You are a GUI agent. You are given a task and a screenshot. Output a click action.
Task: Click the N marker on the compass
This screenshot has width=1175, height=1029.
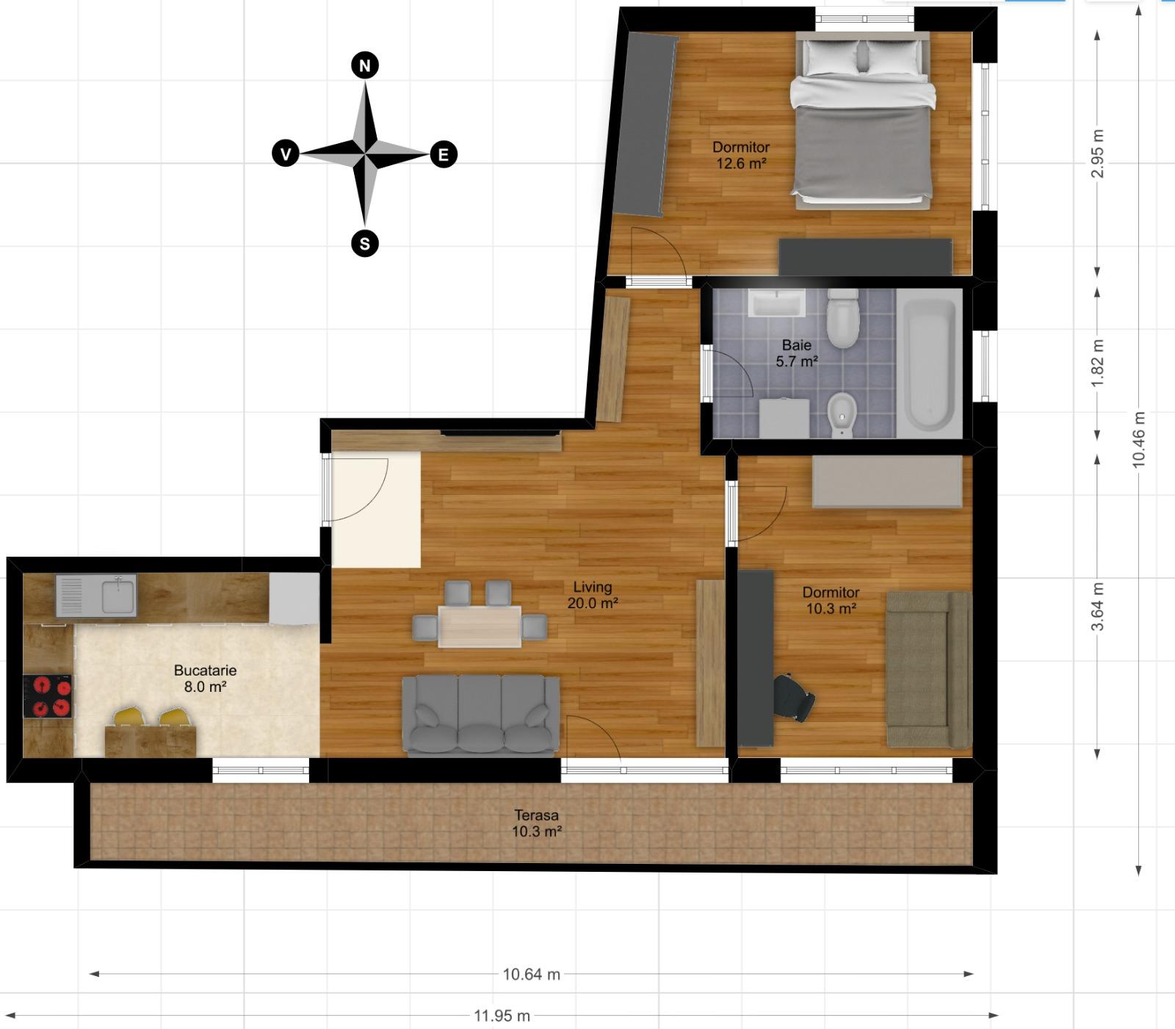[x=365, y=65]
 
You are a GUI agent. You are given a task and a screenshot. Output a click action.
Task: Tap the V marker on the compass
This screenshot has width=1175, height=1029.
[x=286, y=154]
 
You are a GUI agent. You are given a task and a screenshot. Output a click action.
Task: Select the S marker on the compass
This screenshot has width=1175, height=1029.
[x=365, y=242]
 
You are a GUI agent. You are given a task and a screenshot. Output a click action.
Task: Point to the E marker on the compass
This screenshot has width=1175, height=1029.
[x=443, y=155]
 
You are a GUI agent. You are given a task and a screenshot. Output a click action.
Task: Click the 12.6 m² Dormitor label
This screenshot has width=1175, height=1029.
[x=741, y=155]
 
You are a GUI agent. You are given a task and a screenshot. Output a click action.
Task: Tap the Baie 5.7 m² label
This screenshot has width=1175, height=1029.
[x=797, y=353]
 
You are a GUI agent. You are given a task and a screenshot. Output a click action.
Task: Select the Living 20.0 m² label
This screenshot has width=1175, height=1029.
[x=592, y=595]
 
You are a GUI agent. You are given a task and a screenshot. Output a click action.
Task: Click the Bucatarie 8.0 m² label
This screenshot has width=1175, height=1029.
[x=205, y=679]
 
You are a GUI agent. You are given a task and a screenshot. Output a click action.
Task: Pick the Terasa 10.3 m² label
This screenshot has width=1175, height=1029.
[x=536, y=823]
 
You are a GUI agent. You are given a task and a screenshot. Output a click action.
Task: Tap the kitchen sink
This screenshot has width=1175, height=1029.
[x=118, y=594]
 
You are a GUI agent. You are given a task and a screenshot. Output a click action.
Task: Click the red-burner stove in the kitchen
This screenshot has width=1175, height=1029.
[x=48, y=696]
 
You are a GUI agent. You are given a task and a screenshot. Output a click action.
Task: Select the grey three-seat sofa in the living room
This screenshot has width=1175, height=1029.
[x=481, y=716]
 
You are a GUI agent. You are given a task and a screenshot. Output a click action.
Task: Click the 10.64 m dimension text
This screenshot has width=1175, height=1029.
[x=531, y=974]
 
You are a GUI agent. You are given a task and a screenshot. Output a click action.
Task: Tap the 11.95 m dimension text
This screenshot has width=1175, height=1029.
[x=502, y=1016]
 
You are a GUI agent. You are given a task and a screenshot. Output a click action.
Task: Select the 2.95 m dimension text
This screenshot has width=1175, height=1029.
[x=1097, y=154]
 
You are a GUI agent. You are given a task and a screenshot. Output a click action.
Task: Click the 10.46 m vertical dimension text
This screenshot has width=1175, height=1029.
[x=1138, y=438]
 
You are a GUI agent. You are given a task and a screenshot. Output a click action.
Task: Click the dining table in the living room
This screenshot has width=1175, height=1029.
[x=480, y=626]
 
